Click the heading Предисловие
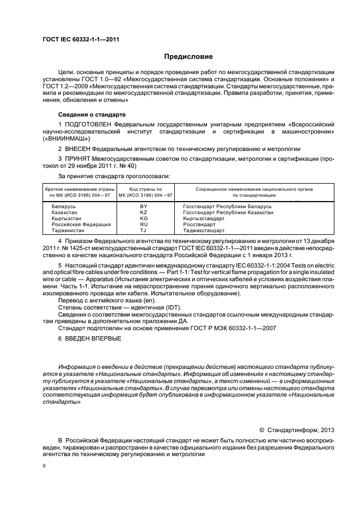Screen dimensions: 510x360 (x=189, y=56)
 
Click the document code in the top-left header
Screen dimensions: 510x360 (x=81, y=39)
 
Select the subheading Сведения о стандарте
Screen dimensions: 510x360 (x=91, y=115)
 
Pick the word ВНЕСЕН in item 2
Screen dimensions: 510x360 (x=77, y=148)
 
